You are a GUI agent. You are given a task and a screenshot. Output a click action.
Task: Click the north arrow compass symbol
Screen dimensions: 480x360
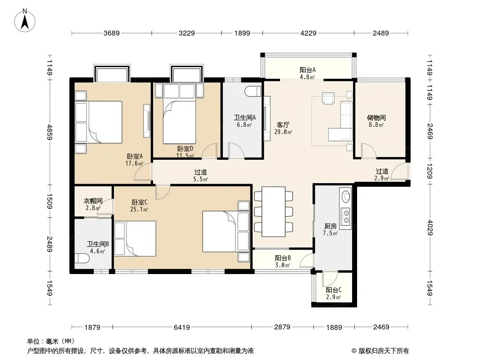(25, 20)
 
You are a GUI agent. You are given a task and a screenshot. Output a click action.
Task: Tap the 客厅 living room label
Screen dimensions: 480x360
(283, 125)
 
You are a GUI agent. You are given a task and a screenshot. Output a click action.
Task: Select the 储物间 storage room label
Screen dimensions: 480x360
(376, 118)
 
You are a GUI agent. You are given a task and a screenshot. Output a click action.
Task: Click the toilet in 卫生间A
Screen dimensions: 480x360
(253, 91)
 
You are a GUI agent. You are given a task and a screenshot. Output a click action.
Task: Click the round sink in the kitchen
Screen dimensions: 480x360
(345, 197)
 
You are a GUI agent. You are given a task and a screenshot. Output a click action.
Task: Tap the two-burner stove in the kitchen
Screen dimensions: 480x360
(346, 216)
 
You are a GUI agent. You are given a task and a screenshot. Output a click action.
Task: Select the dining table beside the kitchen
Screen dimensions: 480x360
(273, 211)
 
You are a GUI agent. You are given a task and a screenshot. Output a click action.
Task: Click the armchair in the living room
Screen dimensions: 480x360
(328, 98)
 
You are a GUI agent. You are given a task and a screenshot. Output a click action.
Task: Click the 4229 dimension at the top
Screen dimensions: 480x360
(308, 33)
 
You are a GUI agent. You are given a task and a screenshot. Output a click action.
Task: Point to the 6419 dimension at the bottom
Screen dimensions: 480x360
(182, 327)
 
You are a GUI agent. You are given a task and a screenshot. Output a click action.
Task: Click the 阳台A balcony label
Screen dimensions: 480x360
(308, 70)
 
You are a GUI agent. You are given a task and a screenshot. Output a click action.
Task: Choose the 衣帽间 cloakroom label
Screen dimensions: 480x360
(93, 201)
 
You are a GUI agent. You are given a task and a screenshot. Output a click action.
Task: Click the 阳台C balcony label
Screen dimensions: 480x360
(333, 290)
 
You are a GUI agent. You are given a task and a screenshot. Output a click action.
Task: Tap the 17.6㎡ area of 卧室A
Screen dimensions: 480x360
(134, 163)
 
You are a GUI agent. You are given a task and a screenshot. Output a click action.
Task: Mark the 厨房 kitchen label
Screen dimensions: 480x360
(331, 226)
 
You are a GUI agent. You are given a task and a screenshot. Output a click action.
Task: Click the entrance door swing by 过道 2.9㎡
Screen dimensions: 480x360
(399, 171)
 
